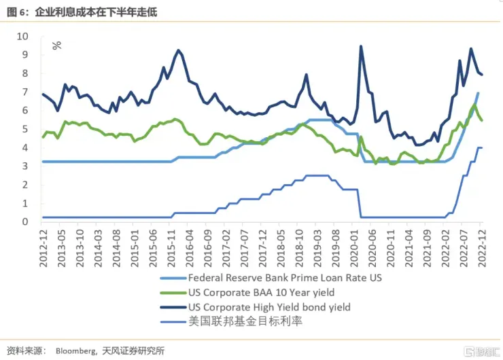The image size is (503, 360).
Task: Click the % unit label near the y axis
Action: tap(56, 46)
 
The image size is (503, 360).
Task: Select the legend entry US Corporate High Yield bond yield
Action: tap(269, 307)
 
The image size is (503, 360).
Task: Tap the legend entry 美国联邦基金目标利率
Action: tap(236, 321)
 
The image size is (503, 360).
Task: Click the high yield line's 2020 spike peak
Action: tap(360, 46)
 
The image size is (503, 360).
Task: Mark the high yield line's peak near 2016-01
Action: tap(178, 50)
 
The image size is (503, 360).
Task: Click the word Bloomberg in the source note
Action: tap(75, 350)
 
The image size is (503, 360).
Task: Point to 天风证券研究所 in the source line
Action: tap(133, 350)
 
